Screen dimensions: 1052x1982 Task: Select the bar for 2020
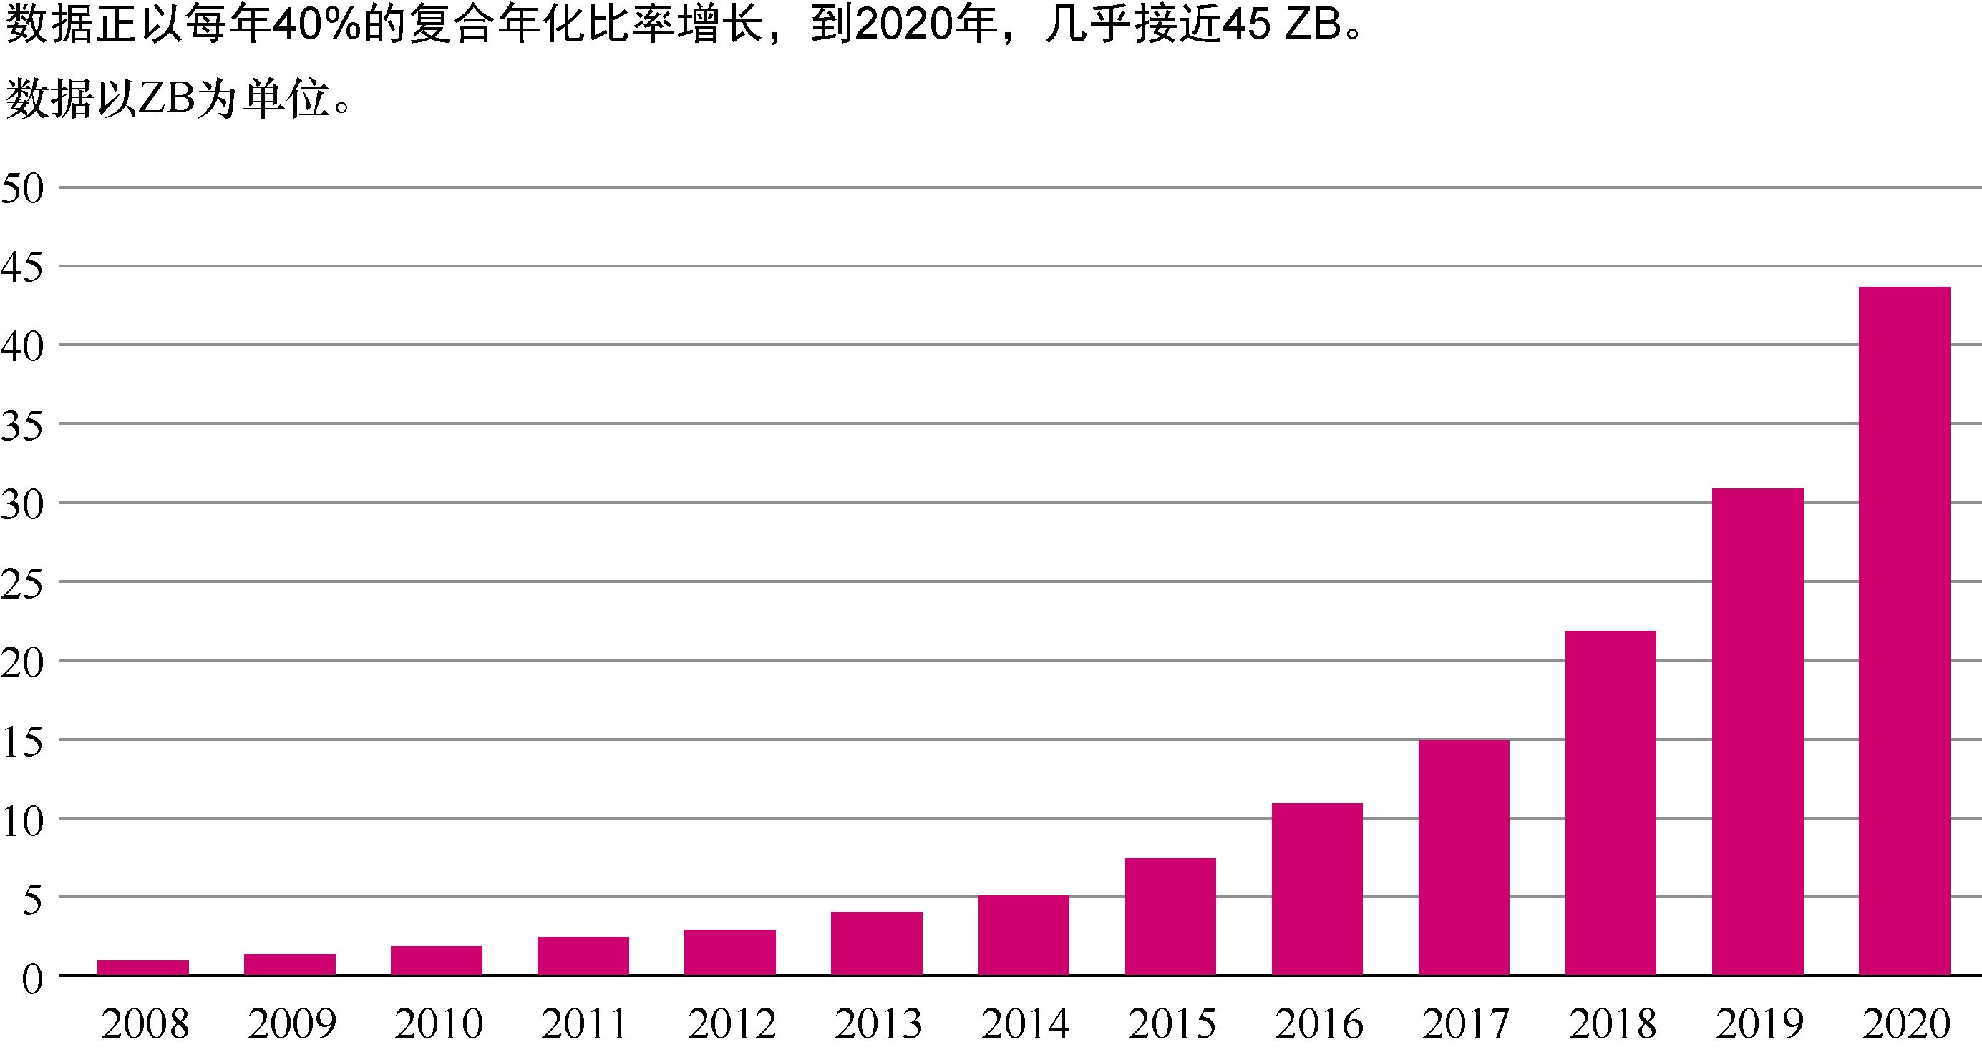click(x=1904, y=631)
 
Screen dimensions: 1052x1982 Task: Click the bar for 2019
click(x=1757, y=732)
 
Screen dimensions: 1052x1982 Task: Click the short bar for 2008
click(x=143, y=968)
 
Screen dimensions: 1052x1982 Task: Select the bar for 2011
click(x=583, y=956)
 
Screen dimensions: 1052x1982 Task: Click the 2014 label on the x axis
click(x=1025, y=1023)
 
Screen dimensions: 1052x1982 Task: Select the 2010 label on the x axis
click(x=438, y=1023)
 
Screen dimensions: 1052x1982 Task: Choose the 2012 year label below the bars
click(x=731, y=1023)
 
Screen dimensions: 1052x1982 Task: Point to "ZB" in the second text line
click(x=165, y=100)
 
